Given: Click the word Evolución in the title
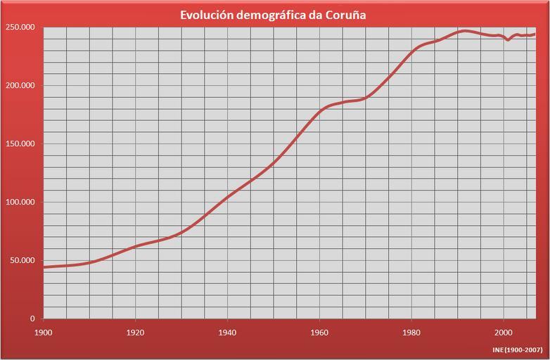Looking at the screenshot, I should tap(205, 14).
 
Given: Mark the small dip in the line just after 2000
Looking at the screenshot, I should tap(508, 40).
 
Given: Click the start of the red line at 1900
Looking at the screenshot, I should tap(44, 267).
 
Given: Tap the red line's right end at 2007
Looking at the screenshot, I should tap(535, 34).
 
